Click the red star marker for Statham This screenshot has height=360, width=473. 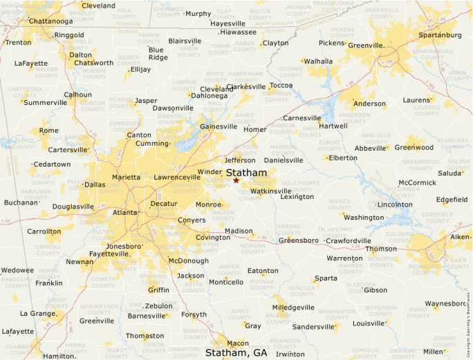236,180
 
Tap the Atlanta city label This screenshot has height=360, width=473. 125,213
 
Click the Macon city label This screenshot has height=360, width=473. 237,343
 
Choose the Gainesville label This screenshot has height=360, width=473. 218,126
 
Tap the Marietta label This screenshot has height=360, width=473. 126,177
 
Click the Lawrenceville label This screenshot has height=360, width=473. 177,177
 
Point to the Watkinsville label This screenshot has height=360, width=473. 270,191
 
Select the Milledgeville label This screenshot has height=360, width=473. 293,307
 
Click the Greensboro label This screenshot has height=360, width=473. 298,240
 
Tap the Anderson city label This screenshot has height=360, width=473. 369,104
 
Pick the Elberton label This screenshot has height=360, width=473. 343,158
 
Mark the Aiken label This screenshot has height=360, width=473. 460,237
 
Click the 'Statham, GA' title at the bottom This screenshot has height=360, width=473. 236,352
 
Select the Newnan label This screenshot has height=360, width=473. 80,262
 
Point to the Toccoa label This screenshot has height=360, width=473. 281,86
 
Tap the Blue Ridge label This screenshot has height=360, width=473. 157,54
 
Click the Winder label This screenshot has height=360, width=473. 210,172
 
